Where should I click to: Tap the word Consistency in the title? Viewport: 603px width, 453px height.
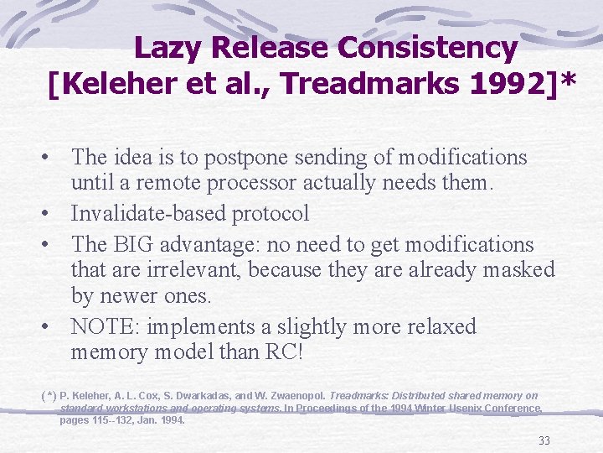[427, 48]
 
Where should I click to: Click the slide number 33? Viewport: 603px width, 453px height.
[544, 440]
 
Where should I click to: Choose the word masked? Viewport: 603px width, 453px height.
[517, 269]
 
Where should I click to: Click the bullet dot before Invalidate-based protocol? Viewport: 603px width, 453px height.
[52, 213]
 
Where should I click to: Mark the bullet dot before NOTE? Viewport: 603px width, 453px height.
[52, 325]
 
